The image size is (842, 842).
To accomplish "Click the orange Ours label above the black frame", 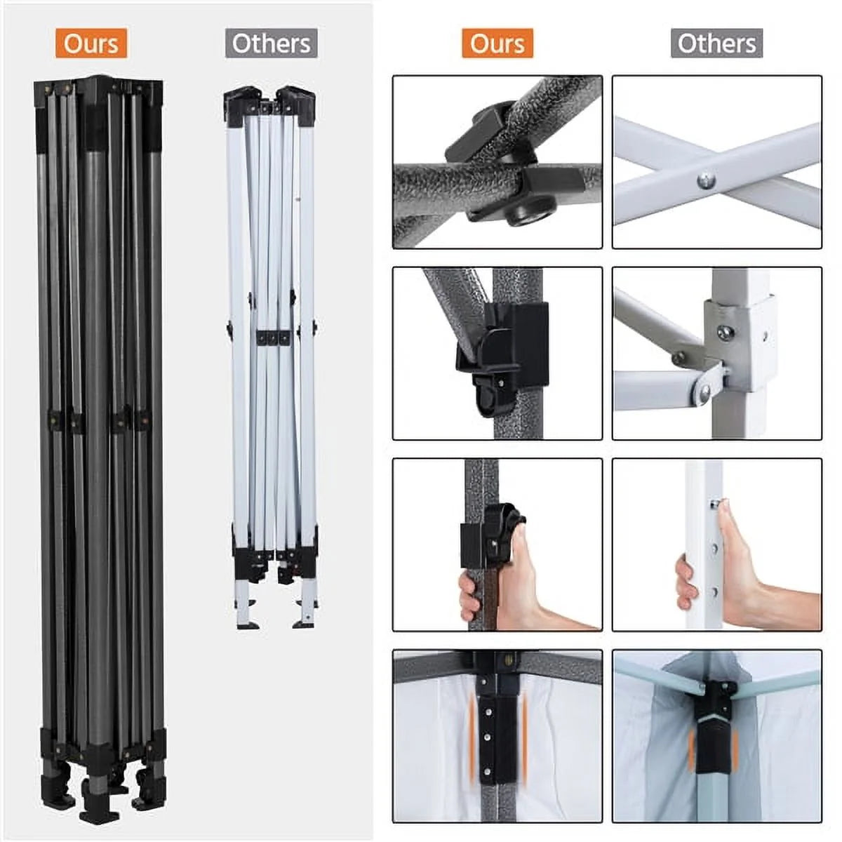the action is [91, 43].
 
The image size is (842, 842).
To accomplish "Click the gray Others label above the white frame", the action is [271, 43].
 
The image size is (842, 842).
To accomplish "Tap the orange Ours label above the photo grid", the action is [497, 43].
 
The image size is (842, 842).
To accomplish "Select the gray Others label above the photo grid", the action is [716, 43].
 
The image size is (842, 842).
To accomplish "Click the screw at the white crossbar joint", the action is [706, 180].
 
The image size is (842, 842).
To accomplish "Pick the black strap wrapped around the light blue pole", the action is [713, 743].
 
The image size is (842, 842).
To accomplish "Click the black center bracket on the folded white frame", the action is [273, 338].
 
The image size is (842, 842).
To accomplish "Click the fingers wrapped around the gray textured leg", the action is [469, 598].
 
